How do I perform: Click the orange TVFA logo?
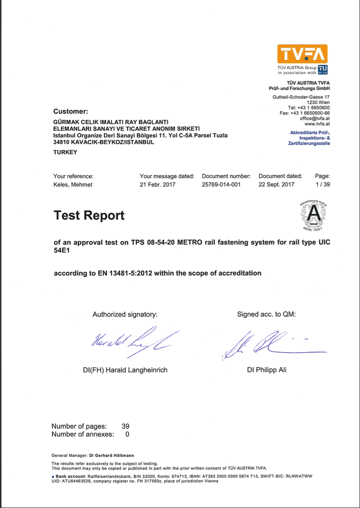(x=302, y=54)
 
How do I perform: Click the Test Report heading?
(x=89, y=215)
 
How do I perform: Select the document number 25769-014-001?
(x=221, y=185)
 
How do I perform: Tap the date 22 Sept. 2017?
(x=276, y=185)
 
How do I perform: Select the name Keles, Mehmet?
(x=73, y=185)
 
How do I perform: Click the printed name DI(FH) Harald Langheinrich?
(x=125, y=370)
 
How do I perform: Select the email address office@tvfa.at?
(x=315, y=118)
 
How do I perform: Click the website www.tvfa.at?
(x=317, y=123)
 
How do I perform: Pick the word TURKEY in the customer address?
(x=65, y=152)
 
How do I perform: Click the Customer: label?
(x=71, y=112)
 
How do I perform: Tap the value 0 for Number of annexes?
(x=127, y=434)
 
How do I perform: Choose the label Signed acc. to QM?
(x=266, y=315)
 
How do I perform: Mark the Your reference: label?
(x=74, y=176)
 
